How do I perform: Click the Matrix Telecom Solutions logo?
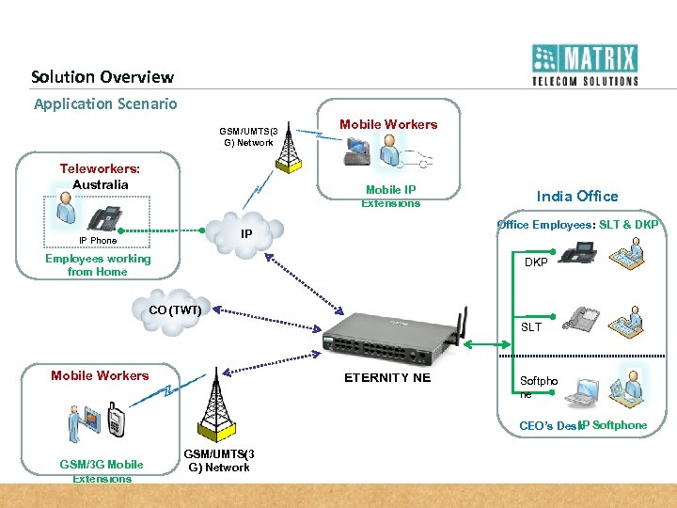(x=584, y=65)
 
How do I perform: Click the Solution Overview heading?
(x=102, y=77)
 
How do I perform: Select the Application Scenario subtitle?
(x=105, y=103)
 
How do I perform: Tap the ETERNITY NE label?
(x=387, y=377)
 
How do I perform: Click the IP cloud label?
(x=246, y=232)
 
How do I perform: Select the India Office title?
(x=577, y=196)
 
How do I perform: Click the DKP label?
(x=536, y=262)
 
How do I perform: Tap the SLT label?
(x=531, y=327)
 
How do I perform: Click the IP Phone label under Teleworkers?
(x=98, y=241)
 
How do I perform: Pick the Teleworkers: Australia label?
(x=100, y=177)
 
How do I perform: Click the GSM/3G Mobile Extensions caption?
(x=102, y=471)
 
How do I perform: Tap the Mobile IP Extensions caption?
(x=390, y=197)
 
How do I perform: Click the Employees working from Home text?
(x=98, y=265)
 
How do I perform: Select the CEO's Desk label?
(x=548, y=426)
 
